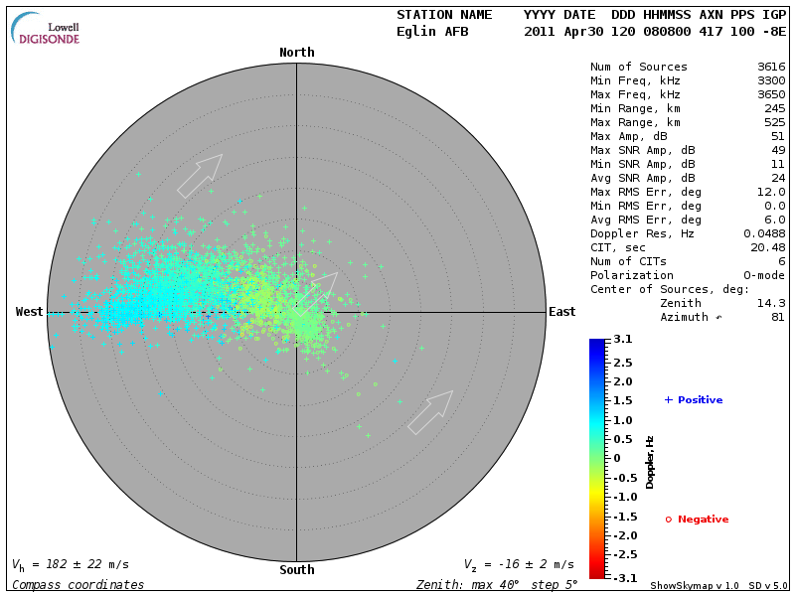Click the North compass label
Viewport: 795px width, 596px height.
tap(296, 53)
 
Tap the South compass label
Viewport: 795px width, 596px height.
tap(296, 570)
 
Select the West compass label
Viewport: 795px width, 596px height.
tap(29, 312)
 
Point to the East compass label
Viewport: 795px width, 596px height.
tap(561, 312)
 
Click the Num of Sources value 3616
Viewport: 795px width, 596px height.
tap(770, 68)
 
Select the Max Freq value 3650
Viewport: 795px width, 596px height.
tap(770, 95)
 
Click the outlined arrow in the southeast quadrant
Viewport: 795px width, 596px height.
tap(430, 412)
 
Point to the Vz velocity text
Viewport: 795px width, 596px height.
tap(518, 564)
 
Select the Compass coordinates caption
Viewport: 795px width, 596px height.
tap(78, 585)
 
